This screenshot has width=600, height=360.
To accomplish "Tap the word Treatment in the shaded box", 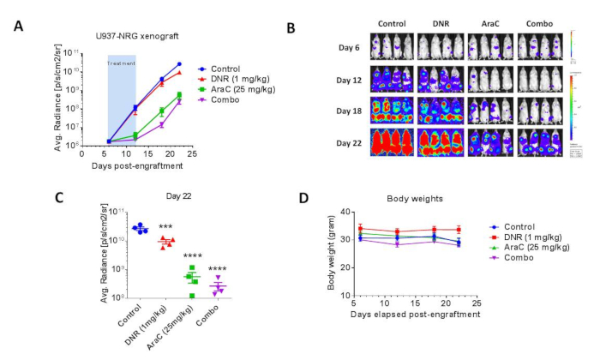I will tap(121, 63).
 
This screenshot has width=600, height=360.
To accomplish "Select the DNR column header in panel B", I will tap(440, 24).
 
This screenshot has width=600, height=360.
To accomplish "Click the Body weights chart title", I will tap(403, 199).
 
